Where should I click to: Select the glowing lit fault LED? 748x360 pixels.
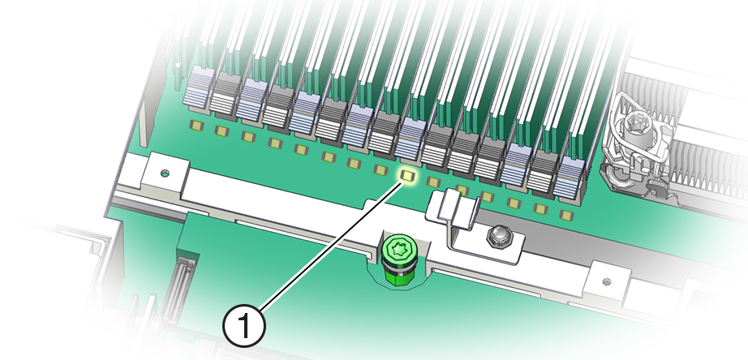(407, 174)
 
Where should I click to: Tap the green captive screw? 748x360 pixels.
(398, 251)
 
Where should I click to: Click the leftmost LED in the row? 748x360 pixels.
(196, 125)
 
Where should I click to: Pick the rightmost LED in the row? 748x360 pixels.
(565, 215)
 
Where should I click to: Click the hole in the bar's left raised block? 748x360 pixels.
(165, 173)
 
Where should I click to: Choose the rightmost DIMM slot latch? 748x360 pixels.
(571, 178)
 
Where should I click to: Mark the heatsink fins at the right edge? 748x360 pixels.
(706, 162)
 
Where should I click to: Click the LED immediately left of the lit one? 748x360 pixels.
(380, 169)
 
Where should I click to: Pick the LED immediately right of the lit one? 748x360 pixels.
(434, 182)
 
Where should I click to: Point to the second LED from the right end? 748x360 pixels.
(540, 208)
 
